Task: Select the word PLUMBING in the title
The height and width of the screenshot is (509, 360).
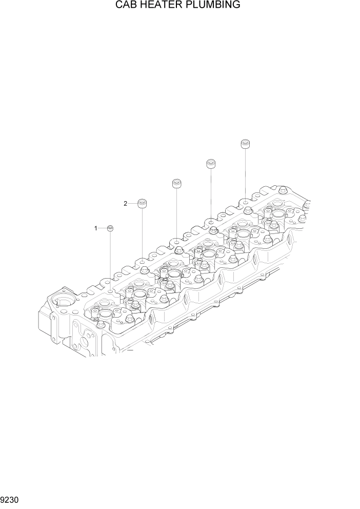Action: tap(215, 6)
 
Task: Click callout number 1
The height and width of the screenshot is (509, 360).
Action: tap(95, 228)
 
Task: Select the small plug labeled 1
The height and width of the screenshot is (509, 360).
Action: tap(110, 228)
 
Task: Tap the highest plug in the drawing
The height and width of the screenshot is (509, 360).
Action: tap(246, 144)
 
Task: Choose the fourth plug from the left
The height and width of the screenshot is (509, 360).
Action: tap(211, 164)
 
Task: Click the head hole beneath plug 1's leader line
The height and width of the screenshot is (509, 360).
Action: tap(111, 291)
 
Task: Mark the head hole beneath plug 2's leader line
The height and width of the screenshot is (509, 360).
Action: tap(142, 262)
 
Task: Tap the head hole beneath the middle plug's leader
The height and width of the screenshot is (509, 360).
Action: tap(176, 240)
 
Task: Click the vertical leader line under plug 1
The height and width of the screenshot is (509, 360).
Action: tap(110, 259)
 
